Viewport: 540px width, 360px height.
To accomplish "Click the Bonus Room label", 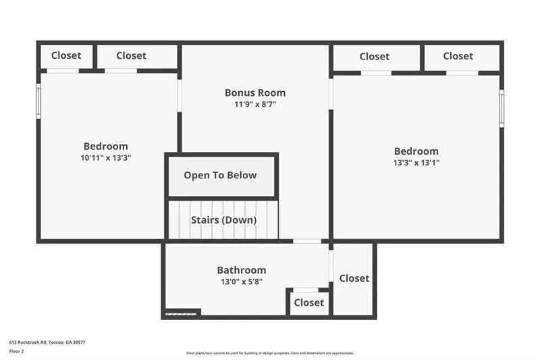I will pyautogui.click(x=255, y=93).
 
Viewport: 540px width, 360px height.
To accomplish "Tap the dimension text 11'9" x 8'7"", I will pyautogui.click(x=255, y=105).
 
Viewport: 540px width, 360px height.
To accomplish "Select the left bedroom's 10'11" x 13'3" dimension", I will pyautogui.click(x=105, y=157).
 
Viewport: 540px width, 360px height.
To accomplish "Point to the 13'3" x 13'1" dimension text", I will pyautogui.click(x=416, y=163).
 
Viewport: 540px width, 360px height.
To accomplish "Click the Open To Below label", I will pyautogui.click(x=220, y=175).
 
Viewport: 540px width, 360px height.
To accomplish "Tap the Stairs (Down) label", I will pyautogui.click(x=224, y=220).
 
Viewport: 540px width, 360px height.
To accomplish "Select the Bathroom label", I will pyautogui.click(x=241, y=270).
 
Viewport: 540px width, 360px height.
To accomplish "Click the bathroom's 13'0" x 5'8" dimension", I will pyautogui.click(x=241, y=282).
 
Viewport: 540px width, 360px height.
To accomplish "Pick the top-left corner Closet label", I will pyautogui.click(x=66, y=55).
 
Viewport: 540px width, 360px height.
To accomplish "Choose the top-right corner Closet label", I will pyautogui.click(x=458, y=56).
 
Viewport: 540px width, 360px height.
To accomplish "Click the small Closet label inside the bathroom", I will pyautogui.click(x=309, y=303).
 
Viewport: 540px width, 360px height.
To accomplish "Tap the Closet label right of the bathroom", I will pyautogui.click(x=354, y=278).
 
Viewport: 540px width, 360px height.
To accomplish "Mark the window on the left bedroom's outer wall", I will pyautogui.click(x=38, y=101).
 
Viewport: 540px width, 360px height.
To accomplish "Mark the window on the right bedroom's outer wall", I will pyautogui.click(x=502, y=108).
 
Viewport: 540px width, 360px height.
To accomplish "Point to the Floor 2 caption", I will pyautogui.click(x=17, y=351).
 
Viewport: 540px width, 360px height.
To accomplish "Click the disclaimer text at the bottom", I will pyautogui.click(x=270, y=353).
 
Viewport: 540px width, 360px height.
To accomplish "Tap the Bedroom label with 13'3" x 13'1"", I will pyautogui.click(x=416, y=151).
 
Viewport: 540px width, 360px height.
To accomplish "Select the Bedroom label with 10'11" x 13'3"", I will pyautogui.click(x=105, y=146).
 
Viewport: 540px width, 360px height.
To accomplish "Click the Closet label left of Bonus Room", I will pyautogui.click(x=131, y=55).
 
